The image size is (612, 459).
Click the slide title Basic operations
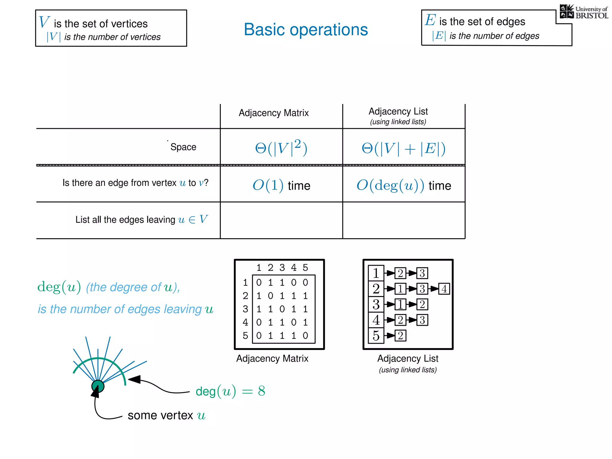306,30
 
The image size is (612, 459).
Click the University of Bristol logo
584,12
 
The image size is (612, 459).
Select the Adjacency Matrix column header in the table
273,113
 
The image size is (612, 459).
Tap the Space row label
183,147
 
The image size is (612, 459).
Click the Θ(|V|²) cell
281,148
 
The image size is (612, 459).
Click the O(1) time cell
281,185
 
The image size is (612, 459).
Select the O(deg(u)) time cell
403,185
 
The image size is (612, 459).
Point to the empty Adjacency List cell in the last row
403,220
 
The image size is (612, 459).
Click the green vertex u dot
98,386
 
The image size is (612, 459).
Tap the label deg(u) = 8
230,391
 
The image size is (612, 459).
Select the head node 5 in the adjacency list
376,336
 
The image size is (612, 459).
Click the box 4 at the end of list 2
444,289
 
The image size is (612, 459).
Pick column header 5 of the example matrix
305,267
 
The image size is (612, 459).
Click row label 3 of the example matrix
245,309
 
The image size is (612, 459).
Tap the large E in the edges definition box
430,20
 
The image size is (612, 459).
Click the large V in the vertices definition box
44,22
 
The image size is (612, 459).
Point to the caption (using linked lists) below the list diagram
408,370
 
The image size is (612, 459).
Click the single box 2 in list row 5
400,336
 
